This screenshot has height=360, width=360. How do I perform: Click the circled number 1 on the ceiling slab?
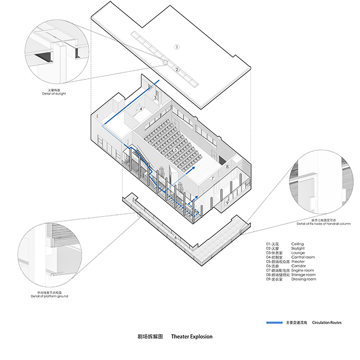pos(177,47)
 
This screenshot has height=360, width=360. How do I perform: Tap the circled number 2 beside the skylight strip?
pos(177,69)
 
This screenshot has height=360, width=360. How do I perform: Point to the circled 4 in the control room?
pos(141,110)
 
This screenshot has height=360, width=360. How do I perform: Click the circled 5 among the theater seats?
pos(175,150)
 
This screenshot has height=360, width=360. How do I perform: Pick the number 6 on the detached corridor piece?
pos(175,237)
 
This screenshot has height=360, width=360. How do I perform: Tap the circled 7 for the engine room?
pos(212,178)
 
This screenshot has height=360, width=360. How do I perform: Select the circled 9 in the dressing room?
pos(227,202)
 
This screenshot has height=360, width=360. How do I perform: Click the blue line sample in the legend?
pos(273,322)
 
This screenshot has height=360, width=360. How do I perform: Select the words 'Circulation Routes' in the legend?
pos(327,322)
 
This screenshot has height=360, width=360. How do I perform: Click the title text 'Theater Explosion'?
pos(192,336)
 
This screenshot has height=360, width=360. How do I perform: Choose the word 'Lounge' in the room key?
pos(298,253)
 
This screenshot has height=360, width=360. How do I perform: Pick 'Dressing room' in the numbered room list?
pos(303,279)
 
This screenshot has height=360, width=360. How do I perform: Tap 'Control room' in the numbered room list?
pos(303,257)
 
